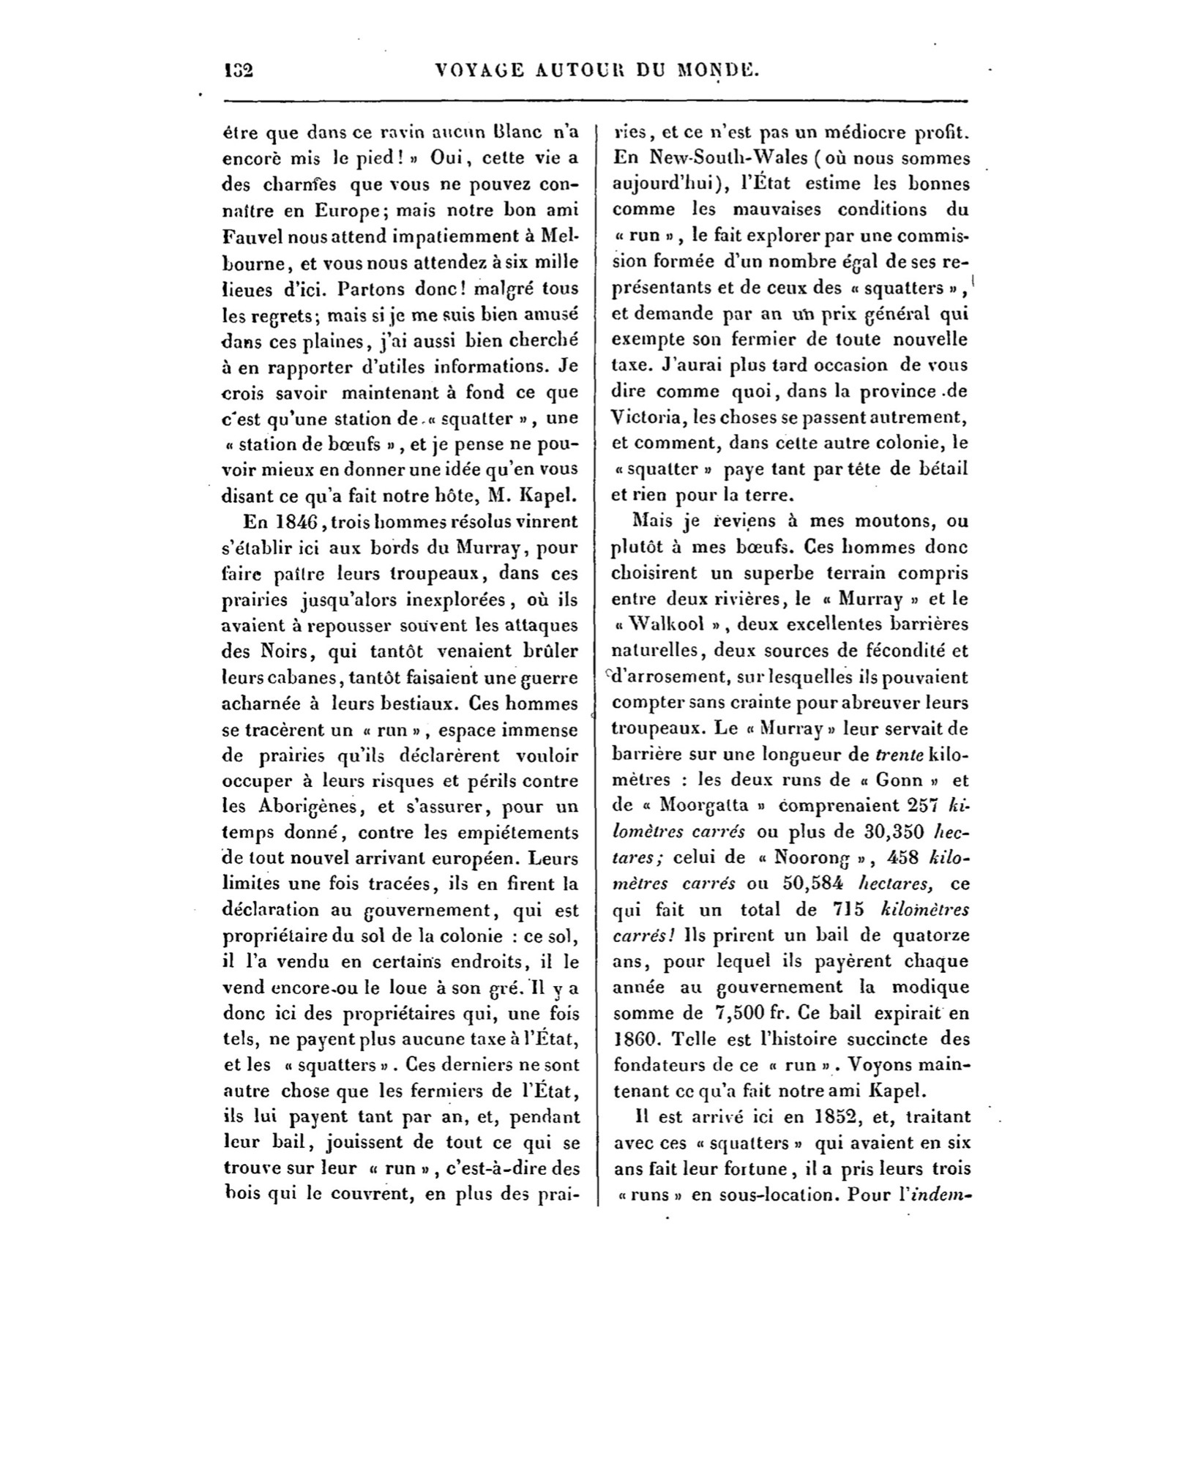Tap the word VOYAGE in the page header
click(480, 70)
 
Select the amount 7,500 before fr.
click(738, 1014)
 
